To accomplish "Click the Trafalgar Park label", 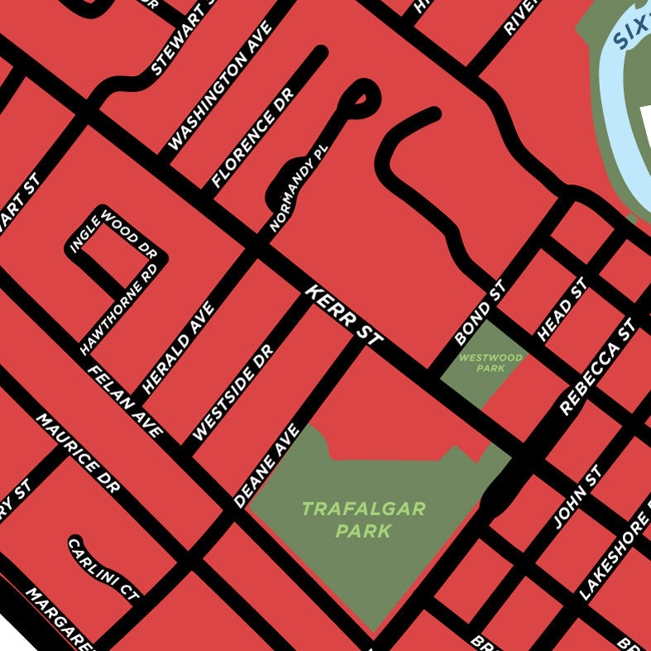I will [x=363, y=519].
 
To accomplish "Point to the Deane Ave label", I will [x=266, y=465].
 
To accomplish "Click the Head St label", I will [x=562, y=309].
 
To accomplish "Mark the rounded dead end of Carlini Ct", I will [x=75, y=543].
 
